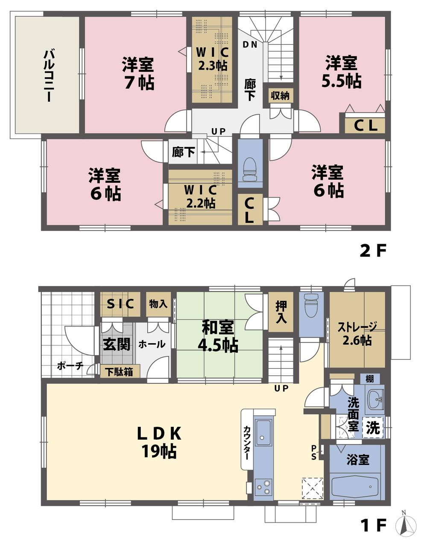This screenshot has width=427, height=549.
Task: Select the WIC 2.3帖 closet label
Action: click(212, 59)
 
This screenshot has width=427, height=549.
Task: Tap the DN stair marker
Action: click(250, 44)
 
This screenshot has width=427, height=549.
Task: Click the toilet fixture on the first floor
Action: click(311, 304)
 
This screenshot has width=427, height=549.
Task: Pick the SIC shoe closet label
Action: click(120, 304)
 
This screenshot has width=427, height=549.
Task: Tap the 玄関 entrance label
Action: click(117, 344)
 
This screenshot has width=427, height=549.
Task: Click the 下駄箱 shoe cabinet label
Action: click(120, 372)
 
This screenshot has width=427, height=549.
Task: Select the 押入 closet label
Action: click(281, 312)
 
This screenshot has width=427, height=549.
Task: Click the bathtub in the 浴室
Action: click(355, 486)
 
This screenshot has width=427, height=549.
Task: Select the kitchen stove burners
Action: click(264, 486)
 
